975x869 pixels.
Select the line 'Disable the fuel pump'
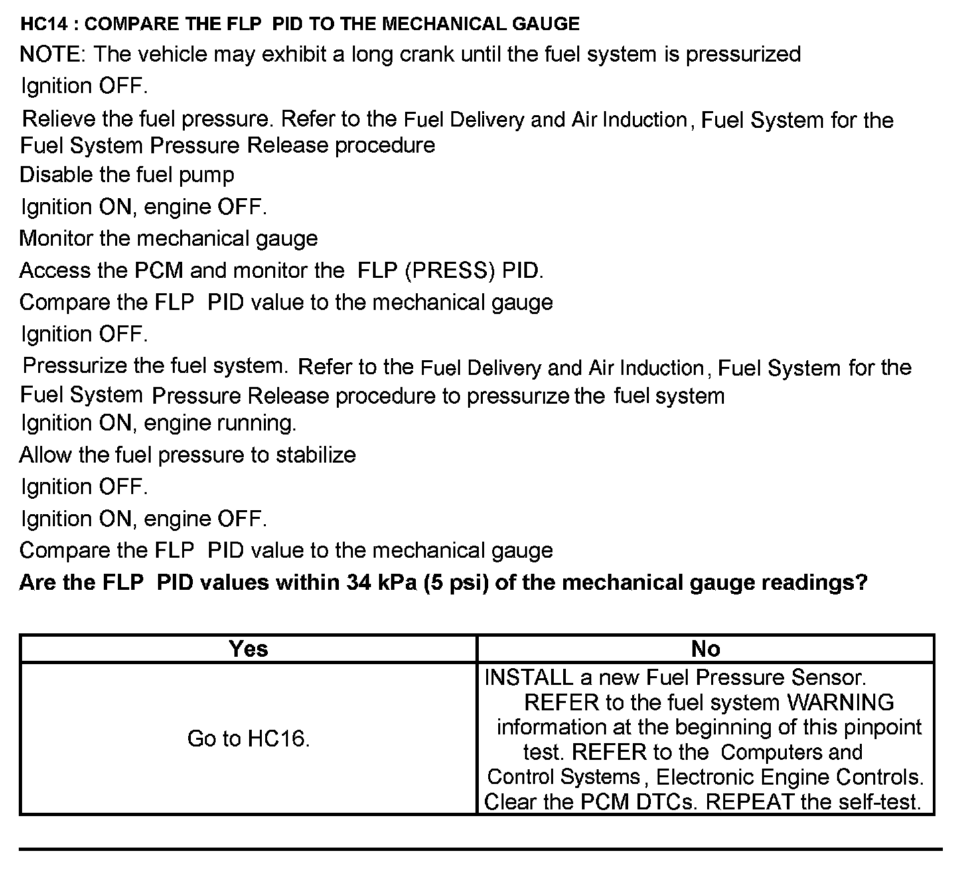pos(127,175)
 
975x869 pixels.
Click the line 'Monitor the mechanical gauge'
pos(169,239)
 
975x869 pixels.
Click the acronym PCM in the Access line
pos(159,271)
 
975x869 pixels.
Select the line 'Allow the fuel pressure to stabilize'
pos(187,455)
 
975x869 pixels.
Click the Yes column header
pos(248,649)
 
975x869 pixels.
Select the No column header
pos(706,649)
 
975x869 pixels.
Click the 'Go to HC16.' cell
pos(248,739)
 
